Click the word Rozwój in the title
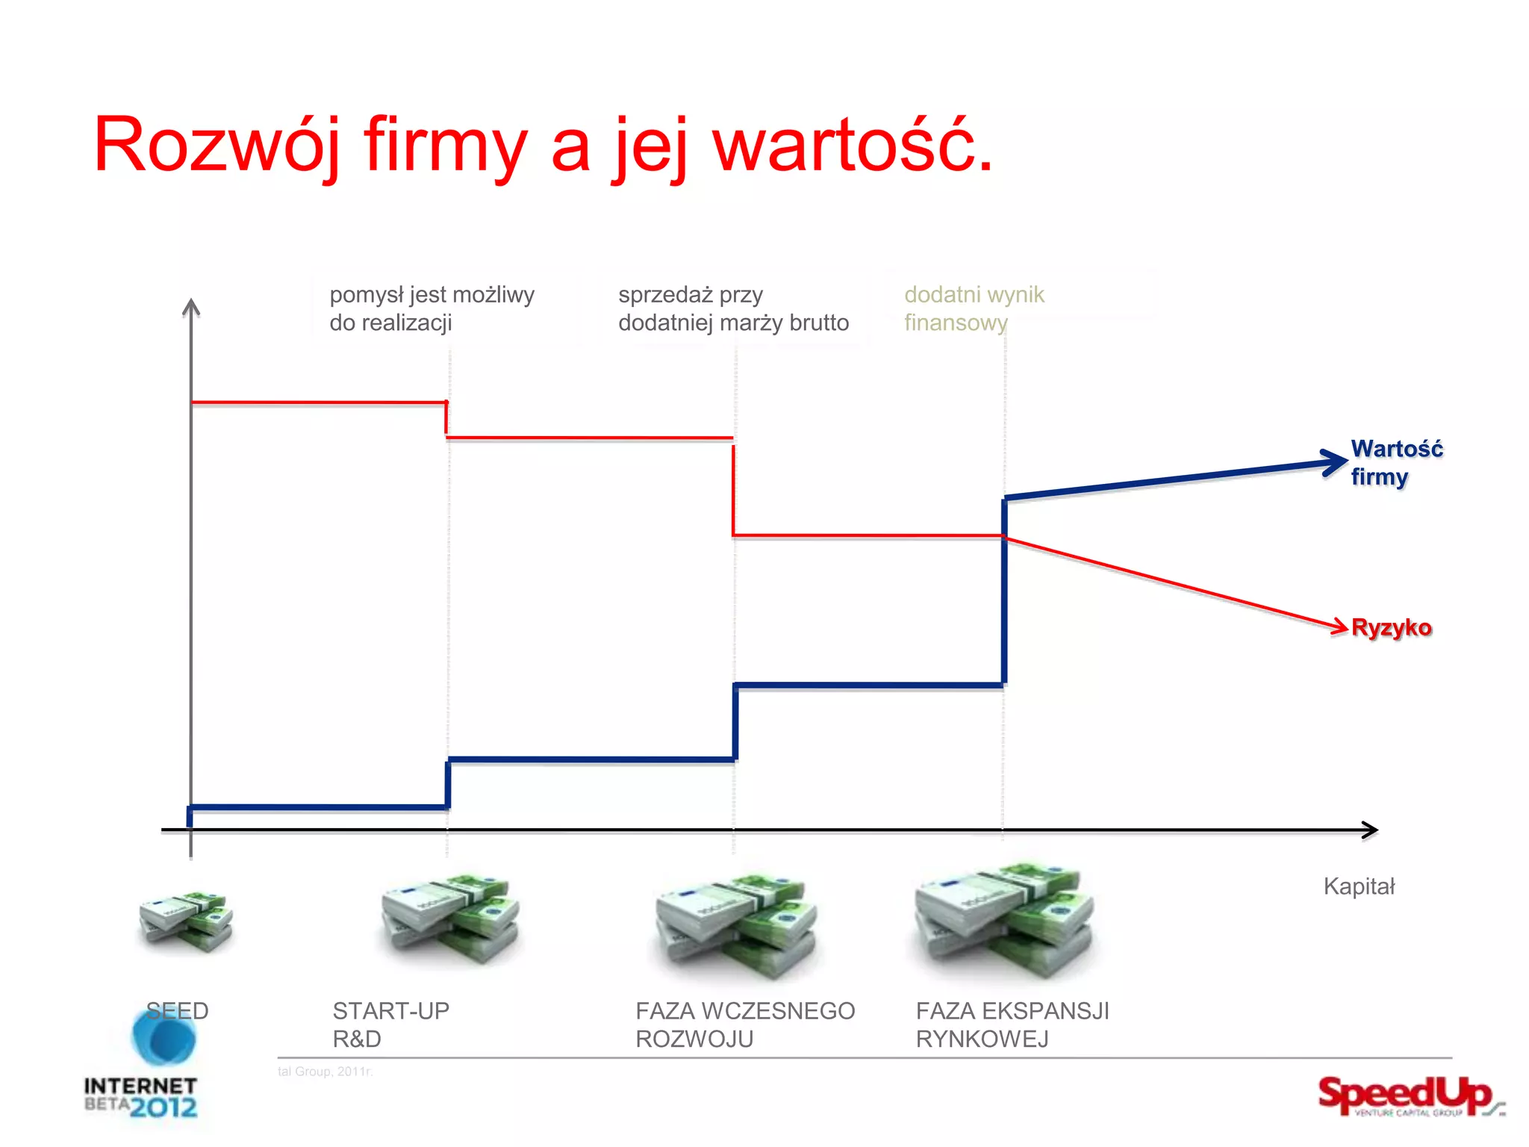pyautogui.click(x=217, y=146)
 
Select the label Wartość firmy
pyautogui.click(x=1396, y=463)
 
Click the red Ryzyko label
pyautogui.click(x=1392, y=627)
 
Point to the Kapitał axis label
pyautogui.click(x=1359, y=887)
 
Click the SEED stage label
pyautogui.click(x=178, y=1011)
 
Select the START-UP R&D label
pyautogui.click(x=390, y=1025)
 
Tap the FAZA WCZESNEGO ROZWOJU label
pyautogui.click(x=744, y=1025)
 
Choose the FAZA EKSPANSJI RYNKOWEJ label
pyautogui.click(x=1012, y=1025)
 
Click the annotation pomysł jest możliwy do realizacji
pyautogui.click(x=432, y=308)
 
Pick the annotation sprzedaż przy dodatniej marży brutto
pyautogui.click(x=733, y=308)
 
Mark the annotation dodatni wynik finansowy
pyautogui.click(x=974, y=308)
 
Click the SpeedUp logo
pyautogui.click(x=1407, y=1096)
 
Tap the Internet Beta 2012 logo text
pyautogui.click(x=141, y=1096)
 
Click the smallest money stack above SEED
pyautogui.click(x=186, y=920)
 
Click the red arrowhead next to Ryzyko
pyautogui.click(x=1339, y=627)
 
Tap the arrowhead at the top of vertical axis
pyautogui.click(x=191, y=307)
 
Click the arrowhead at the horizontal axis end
pyautogui.click(x=1369, y=830)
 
